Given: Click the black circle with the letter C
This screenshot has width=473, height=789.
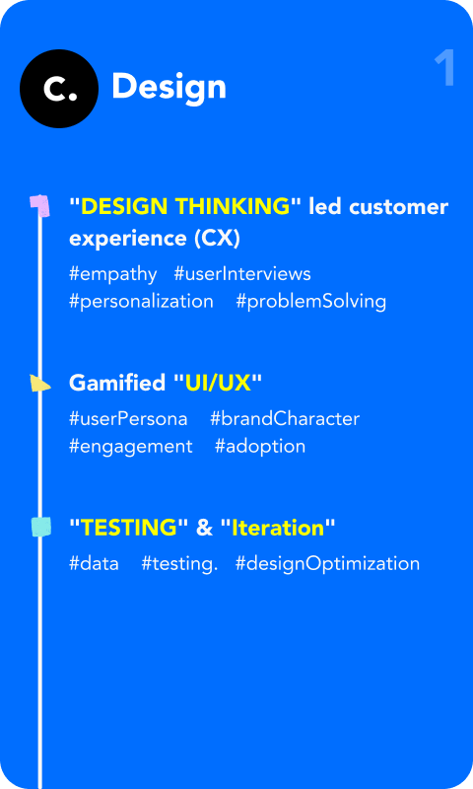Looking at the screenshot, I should tap(59, 89).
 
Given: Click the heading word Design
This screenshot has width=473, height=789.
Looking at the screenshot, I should tap(169, 87).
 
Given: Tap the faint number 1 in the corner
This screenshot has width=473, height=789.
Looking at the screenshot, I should tap(444, 69).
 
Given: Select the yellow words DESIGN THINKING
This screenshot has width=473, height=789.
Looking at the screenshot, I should tap(185, 207).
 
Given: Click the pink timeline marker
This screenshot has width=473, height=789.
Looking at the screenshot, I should tap(39, 204).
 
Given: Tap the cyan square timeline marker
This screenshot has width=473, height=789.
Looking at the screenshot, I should tap(40, 528).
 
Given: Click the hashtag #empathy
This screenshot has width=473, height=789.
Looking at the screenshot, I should tap(112, 273).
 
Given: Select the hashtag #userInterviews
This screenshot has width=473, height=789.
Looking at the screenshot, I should tap(241, 273).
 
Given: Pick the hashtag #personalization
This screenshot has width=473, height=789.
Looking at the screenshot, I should tap(141, 301).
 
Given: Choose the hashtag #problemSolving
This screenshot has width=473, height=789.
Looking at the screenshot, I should tap(310, 301).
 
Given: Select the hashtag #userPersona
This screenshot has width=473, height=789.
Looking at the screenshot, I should tap(128, 418).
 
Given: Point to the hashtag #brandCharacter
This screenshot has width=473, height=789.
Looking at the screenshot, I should tap(285, 418).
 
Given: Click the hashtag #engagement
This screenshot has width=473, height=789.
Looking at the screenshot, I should tap(131, 446).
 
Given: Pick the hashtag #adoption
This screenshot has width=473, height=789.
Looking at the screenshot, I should tap(260, 446).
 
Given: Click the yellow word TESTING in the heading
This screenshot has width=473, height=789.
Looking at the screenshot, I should tap(128, 528).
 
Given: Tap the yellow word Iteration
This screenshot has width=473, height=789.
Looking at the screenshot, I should tap(278, 528).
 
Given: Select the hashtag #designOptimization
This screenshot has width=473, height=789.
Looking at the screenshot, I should tap(327, 563).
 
